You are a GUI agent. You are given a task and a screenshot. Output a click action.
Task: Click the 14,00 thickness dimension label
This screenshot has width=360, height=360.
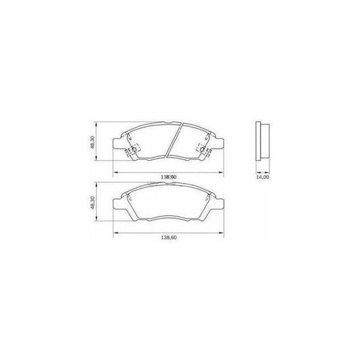(263, 177)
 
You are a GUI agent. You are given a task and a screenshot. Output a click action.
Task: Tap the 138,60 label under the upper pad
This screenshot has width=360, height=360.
(169, 177)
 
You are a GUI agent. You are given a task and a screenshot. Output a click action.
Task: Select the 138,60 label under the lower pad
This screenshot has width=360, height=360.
(169, 238)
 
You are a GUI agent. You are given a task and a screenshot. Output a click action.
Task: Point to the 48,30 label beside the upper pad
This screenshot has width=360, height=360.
(93, 143)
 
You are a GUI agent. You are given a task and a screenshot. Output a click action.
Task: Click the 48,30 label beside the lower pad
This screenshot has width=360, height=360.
(93, 203)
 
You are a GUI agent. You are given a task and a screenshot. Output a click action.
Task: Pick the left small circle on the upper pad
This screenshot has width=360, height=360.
(134, 149)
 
